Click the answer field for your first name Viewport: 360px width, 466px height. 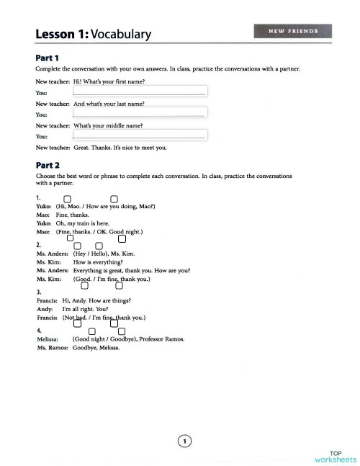140,91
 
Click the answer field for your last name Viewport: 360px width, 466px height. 140,113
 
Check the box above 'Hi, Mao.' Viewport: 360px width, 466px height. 67,199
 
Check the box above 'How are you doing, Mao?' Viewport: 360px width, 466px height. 114,199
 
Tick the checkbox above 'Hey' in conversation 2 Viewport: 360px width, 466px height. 78,247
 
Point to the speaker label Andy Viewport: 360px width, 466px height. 44,308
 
